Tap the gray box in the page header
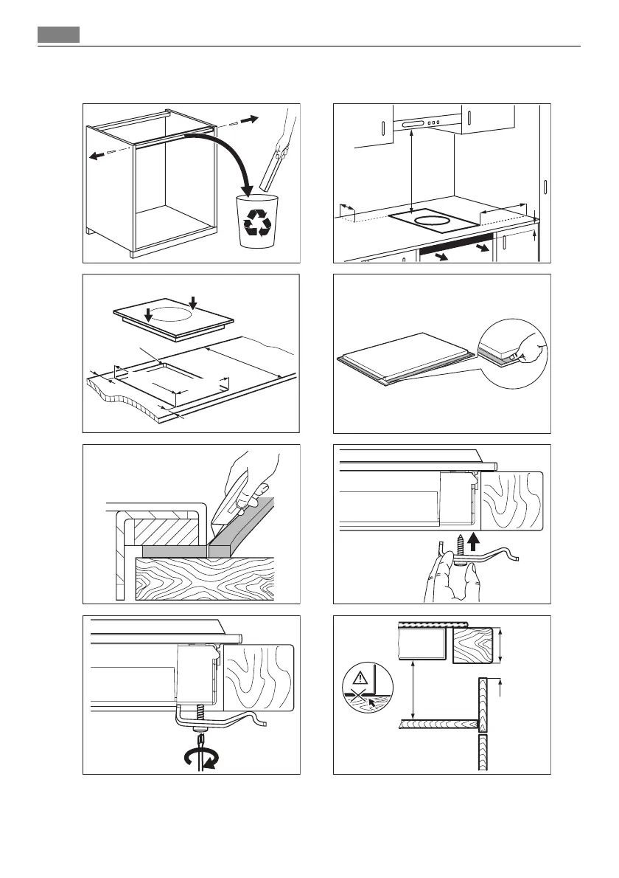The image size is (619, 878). coord(58,35)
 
